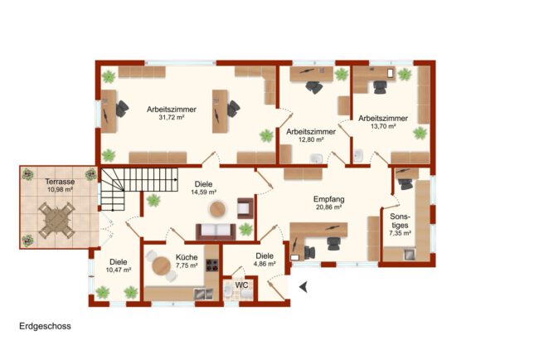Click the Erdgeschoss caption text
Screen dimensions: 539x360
point(45,326)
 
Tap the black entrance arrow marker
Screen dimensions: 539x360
point(303,286)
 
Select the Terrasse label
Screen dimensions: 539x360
point(61,182)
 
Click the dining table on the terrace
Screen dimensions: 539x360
point(56,220)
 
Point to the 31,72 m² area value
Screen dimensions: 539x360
point(172,117)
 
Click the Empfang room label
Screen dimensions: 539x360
point(328,199)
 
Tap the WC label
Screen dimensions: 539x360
point(241,285)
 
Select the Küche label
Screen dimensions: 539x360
point(187,257)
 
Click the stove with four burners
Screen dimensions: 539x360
point(211,265)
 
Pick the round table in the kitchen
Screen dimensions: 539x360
point(161,265)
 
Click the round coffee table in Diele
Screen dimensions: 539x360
point(217,209)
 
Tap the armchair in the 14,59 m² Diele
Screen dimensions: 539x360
point(245,208)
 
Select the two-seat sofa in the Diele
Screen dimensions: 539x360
point(216,231)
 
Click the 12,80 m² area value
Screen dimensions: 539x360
point(311,139)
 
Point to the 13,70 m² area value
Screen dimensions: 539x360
point(383,126)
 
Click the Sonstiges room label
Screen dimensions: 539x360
point(401,221)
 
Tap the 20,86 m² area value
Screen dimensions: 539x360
point(328,207)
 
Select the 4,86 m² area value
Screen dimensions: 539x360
point(265,264)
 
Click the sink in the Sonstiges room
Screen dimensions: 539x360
point(409,255)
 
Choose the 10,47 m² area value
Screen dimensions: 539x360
point(119,270)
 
